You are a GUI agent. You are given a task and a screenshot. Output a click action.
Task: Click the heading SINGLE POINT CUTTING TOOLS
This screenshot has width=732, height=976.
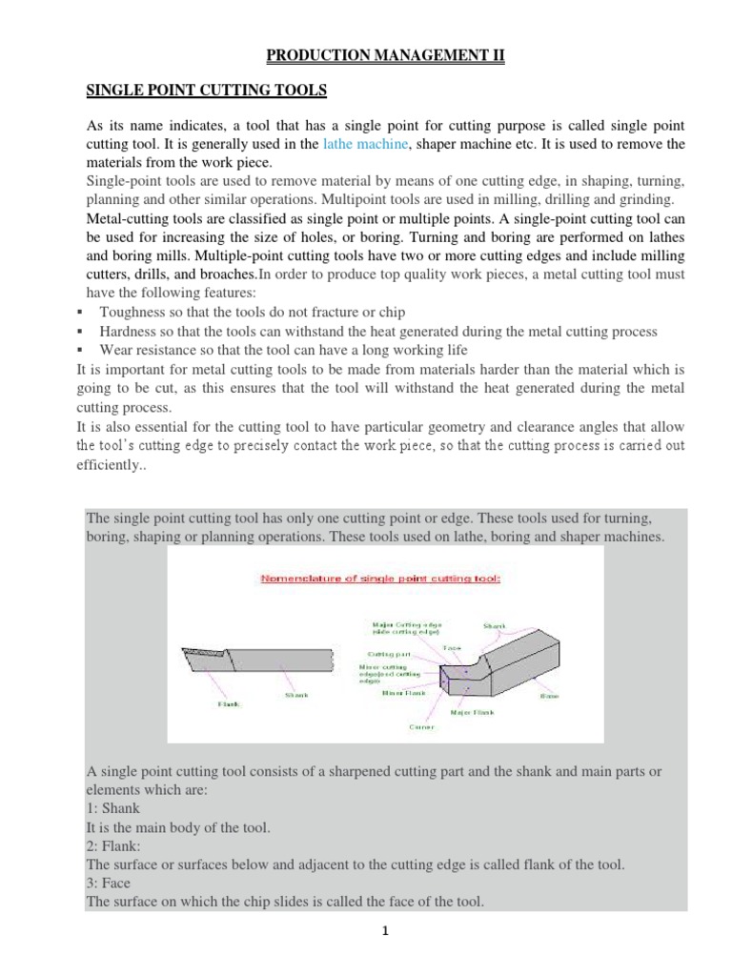(207, 91)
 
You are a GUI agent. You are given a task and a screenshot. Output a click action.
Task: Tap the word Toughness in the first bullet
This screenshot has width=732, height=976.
(133, 313)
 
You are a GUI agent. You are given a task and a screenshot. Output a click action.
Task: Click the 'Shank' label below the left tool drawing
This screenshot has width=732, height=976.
(296, 695)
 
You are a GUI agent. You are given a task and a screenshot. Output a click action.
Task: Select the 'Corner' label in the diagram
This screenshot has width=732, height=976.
(421, 727)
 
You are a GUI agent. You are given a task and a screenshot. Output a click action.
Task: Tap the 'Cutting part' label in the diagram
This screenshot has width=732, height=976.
(389, 655)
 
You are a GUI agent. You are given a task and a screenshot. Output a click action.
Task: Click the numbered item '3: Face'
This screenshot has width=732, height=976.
(109, 883)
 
